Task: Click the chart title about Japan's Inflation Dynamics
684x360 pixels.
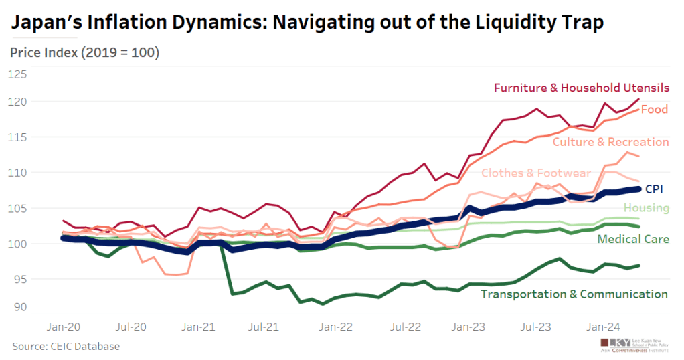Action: pos(308,23)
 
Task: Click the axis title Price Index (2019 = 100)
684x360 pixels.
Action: pos(85,52)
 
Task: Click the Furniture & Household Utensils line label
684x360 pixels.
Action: pos(581,88)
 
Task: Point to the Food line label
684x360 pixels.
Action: pos(654,109)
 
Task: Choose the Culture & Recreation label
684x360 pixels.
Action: pos(610,142)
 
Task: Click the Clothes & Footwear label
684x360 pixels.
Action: pos(536,173)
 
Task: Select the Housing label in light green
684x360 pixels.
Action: pos(646,208)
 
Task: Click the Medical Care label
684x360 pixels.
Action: pos(632,239)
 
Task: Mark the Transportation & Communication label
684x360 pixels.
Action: pos(574,294)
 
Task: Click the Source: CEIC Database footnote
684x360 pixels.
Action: pos(66,346)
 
